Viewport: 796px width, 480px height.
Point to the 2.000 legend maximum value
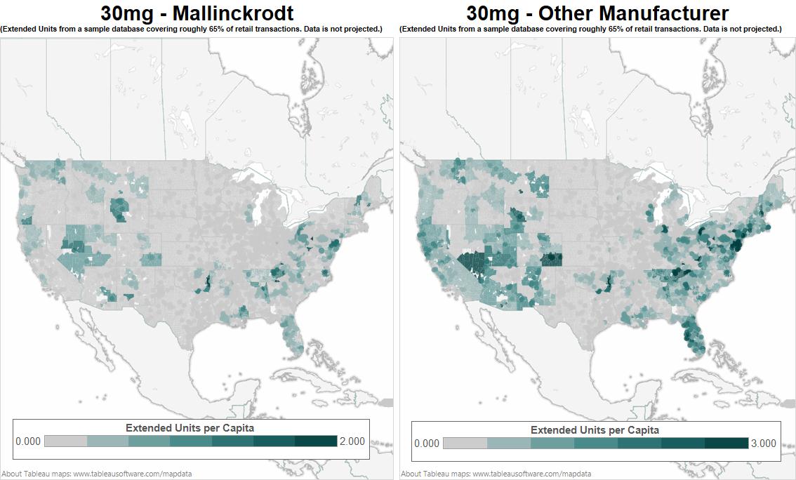pyautogui.click(x=352, y=441)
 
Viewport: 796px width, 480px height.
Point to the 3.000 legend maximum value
pyautogui.click(x=763, y=443)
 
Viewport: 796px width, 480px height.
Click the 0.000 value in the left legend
pyautogui.click(x=28, y=441)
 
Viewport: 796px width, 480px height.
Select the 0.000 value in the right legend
pyautogui.click(x=427, y=443)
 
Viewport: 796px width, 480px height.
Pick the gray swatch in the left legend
pyautogui.click(x=65, y=441)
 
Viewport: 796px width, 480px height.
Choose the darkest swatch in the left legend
pyautogui.click(x=316, y=441)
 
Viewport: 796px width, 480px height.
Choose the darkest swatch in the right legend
pyautogui.click(x=727, y=443)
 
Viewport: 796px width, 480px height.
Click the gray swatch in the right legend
pyautogui.click(x=465, y=443)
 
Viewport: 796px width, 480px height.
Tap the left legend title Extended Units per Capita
pyautogui.click(x=190, y=427)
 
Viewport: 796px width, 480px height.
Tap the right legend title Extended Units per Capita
pyautogui.click(x=595, y=429)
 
